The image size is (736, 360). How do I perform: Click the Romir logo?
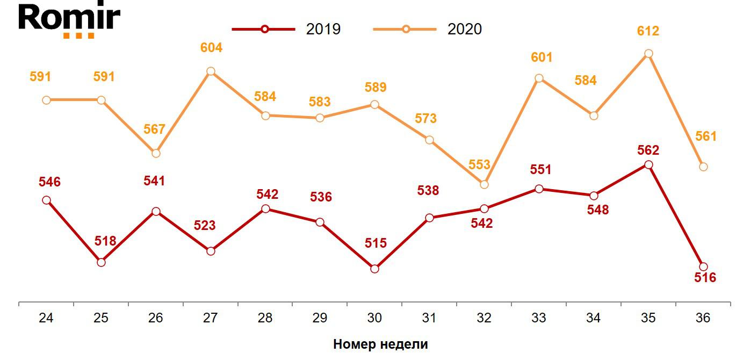[x=69, y=20]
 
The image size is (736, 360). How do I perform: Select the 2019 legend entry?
[x=286, y=29]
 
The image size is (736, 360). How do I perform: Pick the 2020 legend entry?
[x=428, y=29]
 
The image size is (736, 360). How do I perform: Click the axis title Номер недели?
[x=380, y=344]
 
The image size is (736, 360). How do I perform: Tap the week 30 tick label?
[x=374, y=318]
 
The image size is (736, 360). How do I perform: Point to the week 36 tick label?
[x=703, y=318]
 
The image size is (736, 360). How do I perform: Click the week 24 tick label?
[x=46, y=318]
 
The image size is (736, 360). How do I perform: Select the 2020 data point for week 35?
[x=648, y=54]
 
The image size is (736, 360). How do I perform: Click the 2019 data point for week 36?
[x=703, y=267]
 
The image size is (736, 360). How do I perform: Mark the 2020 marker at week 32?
[x=484, y=184]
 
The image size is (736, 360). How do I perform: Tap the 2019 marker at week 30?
[x=375, y=269]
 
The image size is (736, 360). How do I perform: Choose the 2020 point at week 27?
[x=211, y=71]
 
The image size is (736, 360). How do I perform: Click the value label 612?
[x=648, y=31]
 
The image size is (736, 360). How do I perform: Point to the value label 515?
[x=376, y=243]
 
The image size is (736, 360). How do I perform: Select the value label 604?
[x=211, y=48]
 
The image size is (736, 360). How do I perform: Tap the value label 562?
[x=648, y=150]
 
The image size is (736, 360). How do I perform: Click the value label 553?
[x=479, y=165]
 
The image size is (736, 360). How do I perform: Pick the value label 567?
[x=154, y=129]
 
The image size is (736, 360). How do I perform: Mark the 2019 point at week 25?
[x=101, y=262]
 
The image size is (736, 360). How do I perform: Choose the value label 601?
[x=541, y=57]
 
